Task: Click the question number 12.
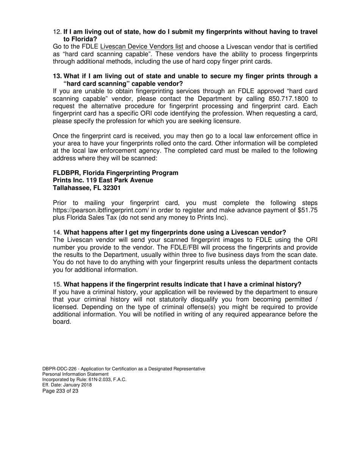pos(57,32)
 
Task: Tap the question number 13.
pos(57,76)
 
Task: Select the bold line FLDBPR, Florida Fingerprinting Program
pos(115,173)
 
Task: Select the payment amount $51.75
pos(307,210)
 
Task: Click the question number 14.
pos(57,232)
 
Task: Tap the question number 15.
pos(57,285)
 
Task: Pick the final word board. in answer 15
pos(62,322)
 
